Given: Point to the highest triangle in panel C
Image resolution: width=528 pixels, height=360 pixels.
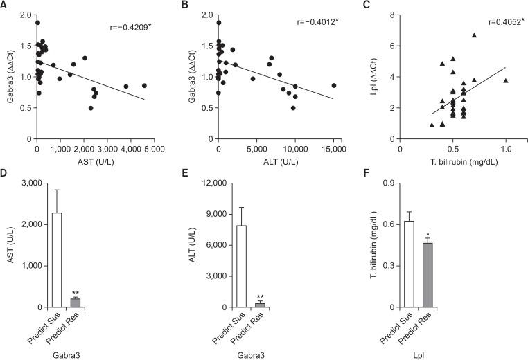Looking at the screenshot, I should point(475,35).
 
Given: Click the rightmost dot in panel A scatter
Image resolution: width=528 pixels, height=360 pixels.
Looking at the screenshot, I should point(144,86).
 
